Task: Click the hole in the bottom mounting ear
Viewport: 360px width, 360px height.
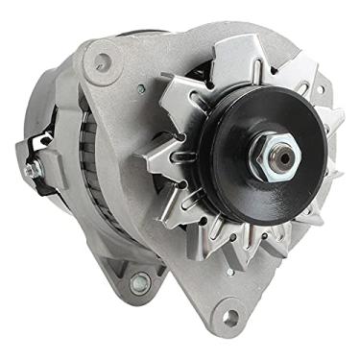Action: coord(230,312)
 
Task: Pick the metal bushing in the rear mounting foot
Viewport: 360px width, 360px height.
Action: coord(141,283)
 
